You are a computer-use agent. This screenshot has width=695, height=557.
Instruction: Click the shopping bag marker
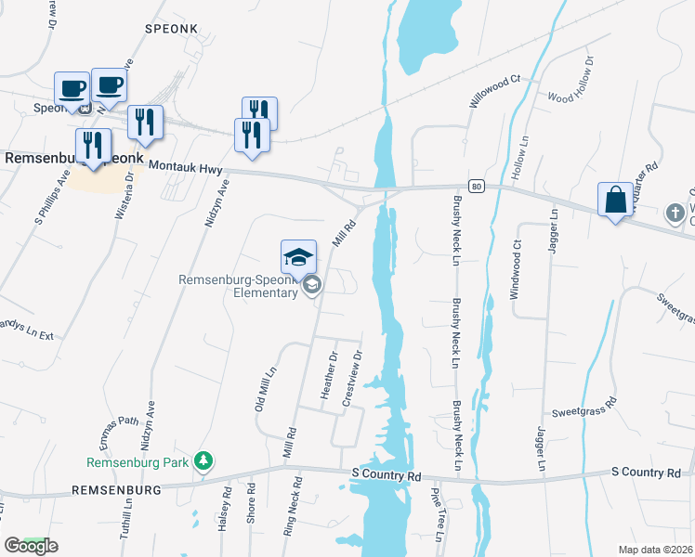pyautogui.click(x=615, y=200)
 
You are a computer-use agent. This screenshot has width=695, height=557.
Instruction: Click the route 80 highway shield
pyautogui.click(x=476, y=187)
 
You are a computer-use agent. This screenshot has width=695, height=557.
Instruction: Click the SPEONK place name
pyautogui.click(x=167, y=30)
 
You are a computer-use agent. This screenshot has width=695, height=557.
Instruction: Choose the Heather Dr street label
pyautogui.click(x=327, y=375)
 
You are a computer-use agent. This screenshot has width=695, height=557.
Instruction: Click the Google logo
pyautogui.click(x=31, y=546)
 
